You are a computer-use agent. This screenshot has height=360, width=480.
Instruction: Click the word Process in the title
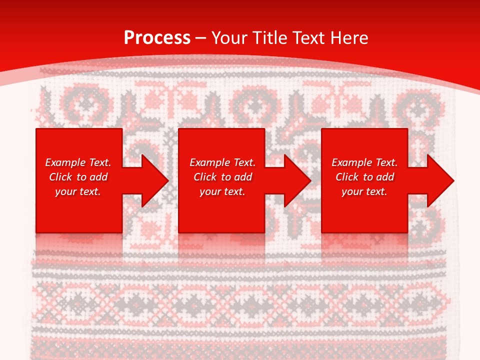tap(157, 38)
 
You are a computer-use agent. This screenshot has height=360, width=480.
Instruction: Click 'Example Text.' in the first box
tap(78, 162)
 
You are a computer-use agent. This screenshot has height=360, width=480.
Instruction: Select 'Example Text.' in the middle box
tap(222, 162)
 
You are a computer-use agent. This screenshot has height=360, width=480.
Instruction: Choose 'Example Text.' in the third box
tap(364, 162)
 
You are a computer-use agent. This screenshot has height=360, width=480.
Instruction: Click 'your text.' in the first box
tap(78, 191)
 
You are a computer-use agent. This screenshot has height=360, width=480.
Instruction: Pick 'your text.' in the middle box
tap(222, 191)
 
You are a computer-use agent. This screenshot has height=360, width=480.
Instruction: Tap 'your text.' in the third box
tap(364, 191)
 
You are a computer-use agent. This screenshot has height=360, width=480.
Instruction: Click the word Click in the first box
tap(60, 177)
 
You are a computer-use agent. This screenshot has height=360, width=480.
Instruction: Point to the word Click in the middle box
tap(204, 177)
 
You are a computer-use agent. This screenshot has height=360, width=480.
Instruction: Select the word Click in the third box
tap(346, 177)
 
